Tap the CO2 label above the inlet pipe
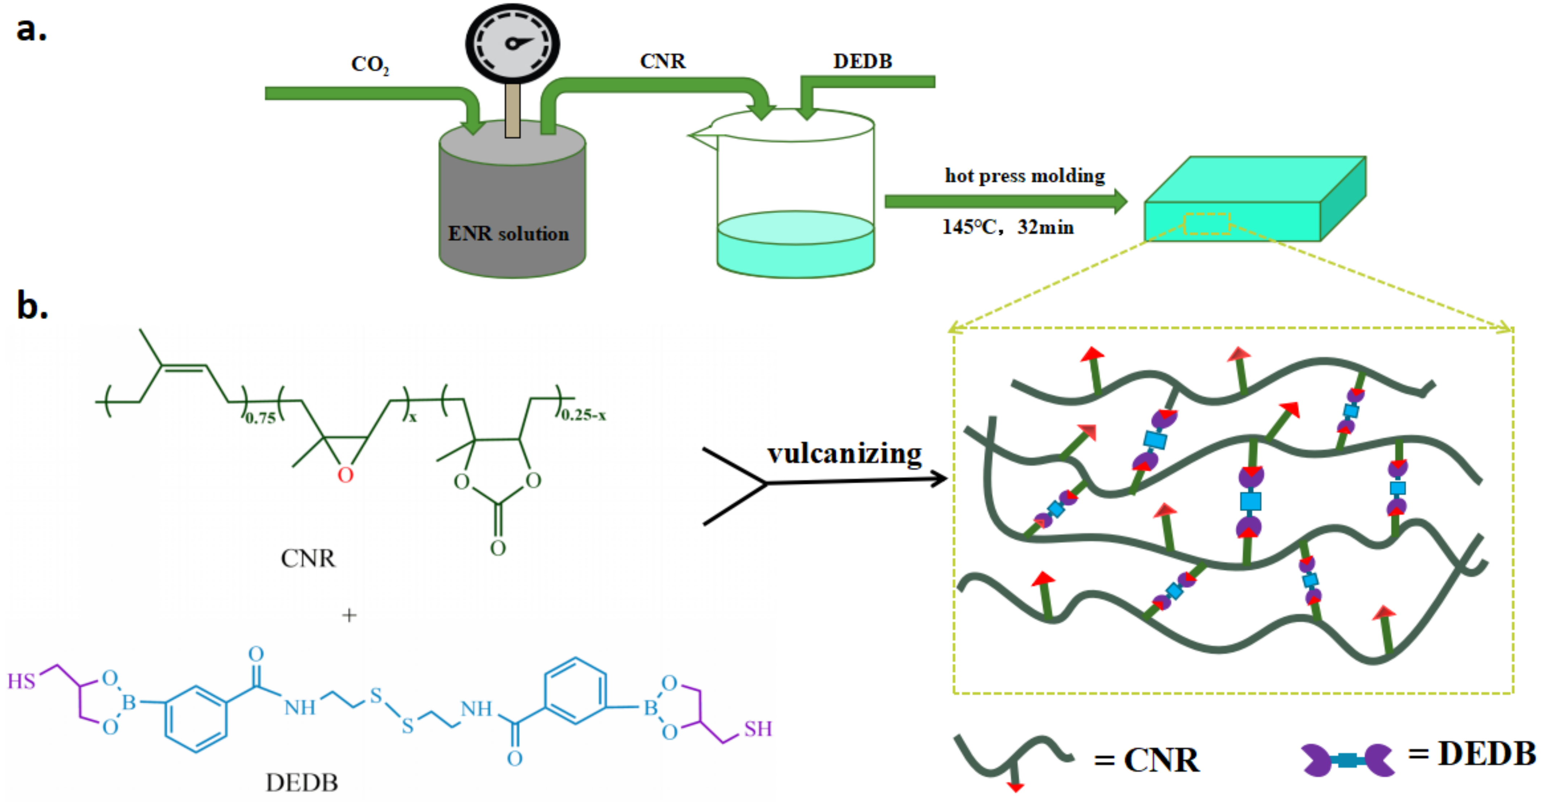click(369, 64)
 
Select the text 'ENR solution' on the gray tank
click(508, 234)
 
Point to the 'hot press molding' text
click(1024, 175)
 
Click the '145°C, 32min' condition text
click(1007, 227)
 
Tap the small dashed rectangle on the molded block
click(1207, 223)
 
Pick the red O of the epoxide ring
click(345, 475)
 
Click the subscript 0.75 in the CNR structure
click(261, 417)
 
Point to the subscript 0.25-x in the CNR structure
click(583, 414)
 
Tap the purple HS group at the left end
click(22, 681)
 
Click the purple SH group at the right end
click(758, 729)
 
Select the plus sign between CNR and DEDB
click(348, 615)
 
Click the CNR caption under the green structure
click(308, 558)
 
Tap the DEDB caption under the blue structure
click(302, 782)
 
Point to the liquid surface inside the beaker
click(795, 228)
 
